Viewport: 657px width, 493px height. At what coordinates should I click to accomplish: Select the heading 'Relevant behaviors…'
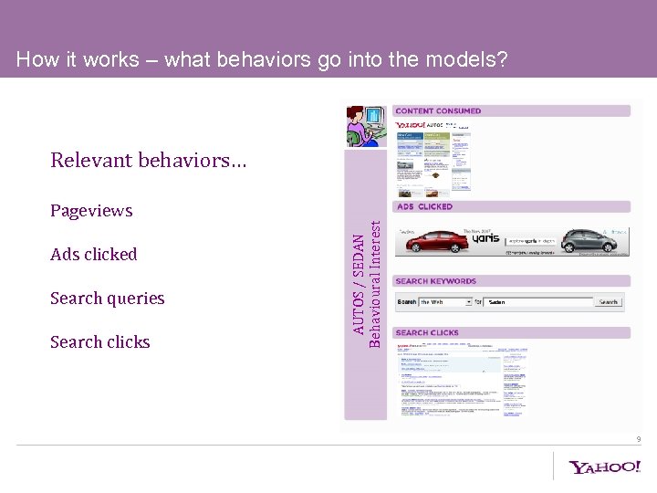[148, 161]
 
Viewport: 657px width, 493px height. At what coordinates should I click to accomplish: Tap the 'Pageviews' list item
[91, 211]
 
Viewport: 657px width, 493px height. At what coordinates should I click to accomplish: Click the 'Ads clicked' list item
[94, 255]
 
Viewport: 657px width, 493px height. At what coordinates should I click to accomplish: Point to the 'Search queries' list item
[108, 299]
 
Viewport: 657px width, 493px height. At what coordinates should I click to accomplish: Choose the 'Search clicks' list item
[100, 342]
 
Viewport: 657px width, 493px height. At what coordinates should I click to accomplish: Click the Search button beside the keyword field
[609, 301]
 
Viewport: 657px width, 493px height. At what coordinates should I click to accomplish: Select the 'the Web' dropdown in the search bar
[446, 301]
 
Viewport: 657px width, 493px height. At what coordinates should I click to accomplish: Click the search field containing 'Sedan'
[538, 301]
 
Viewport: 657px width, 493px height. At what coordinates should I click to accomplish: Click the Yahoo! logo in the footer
[605, 467]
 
